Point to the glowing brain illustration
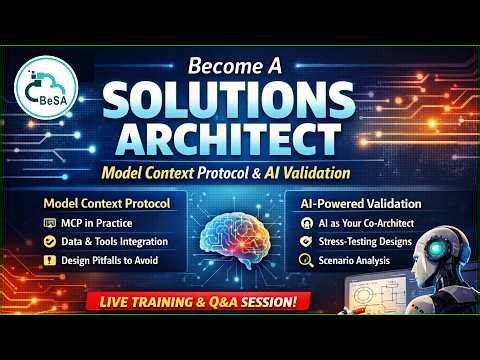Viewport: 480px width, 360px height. pos(240,240)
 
